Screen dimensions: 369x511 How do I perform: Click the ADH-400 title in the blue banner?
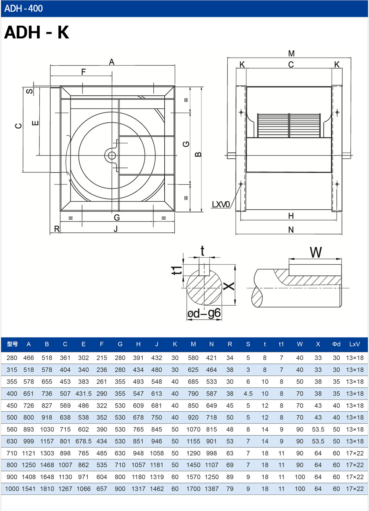23,8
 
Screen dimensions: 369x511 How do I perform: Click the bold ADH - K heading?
37,32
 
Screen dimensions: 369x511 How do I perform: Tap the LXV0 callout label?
221,205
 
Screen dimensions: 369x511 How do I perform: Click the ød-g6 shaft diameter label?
204,313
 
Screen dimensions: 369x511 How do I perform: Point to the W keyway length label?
316,252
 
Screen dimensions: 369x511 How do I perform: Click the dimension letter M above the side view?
291,54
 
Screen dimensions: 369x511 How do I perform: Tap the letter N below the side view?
291,230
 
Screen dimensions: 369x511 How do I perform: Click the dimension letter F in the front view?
84,72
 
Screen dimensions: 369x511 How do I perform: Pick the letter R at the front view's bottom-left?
56,229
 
